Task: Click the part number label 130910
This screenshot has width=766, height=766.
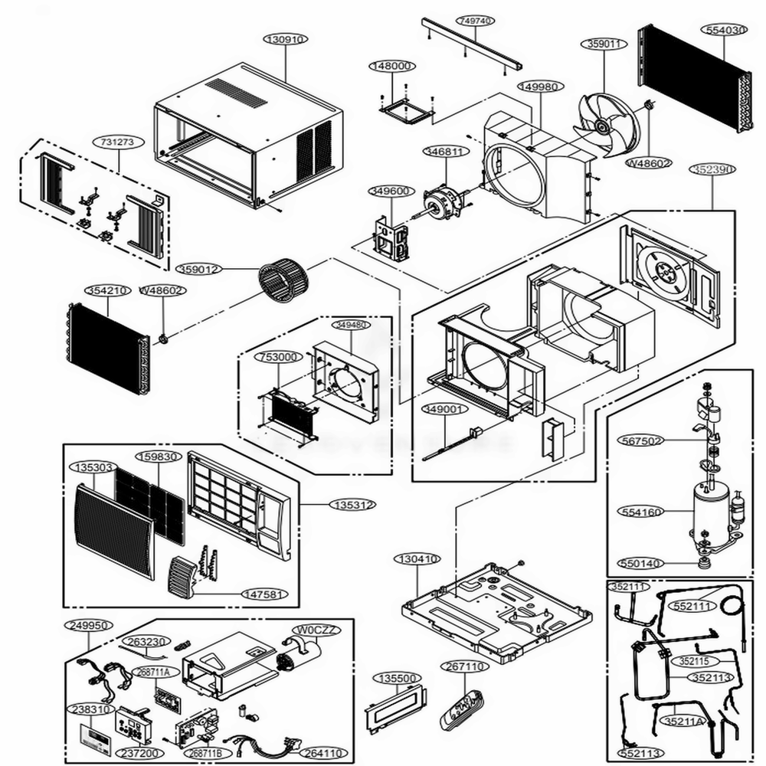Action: click(285, 38)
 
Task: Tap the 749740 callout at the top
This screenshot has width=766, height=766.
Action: click(473, 21)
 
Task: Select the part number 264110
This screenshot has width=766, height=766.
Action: click(324, 752)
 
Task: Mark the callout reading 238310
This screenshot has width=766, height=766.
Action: click(90, 709)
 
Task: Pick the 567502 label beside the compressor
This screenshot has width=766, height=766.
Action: click(642, 440)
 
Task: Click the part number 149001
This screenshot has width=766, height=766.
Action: click(444, 410)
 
